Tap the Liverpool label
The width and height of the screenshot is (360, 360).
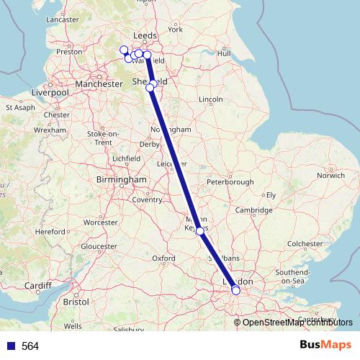[49, 93]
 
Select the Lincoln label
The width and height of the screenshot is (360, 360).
[210, 98]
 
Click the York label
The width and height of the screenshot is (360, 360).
[175, 29]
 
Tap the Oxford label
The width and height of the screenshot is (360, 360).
[164, 257]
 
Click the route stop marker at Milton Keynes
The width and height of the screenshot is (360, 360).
[200, 232]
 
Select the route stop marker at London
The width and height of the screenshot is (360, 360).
[235, 290]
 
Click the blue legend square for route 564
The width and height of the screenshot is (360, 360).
[10, 346]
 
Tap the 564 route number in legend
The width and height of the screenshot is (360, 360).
[30, 346]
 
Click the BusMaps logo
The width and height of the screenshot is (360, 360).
[321, 345]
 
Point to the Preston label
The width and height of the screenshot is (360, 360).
[69, 51]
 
